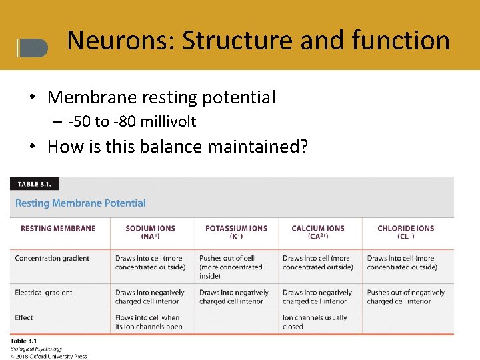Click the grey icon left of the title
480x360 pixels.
click(33, 47)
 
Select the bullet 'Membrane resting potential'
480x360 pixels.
click(161, 97)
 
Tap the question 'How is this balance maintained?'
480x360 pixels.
click(177, 146)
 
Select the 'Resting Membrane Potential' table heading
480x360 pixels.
click(80, 203)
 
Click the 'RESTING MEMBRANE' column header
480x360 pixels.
click(58, 229)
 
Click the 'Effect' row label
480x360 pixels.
click(24, 318)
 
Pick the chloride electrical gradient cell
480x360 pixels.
click(405, 297)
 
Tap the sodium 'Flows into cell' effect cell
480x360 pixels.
click(147, 322)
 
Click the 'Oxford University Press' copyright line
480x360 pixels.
click(49, 356)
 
